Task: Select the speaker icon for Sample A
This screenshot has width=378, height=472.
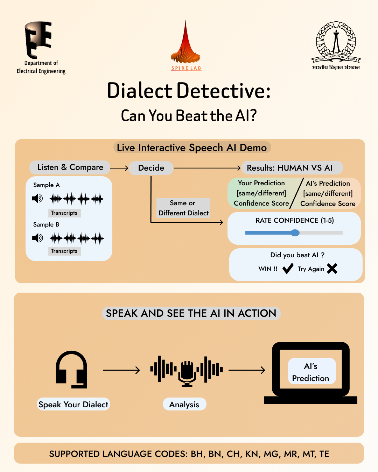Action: (37, 199)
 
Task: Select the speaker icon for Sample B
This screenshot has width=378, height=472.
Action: (37, 238)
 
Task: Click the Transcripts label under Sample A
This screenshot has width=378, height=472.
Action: (64, 213)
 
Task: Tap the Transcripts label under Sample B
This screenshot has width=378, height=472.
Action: (64, 251)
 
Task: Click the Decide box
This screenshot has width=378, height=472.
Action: (151, 168)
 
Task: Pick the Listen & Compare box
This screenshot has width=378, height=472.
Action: (70, 167)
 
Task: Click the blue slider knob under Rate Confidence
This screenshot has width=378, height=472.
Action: (295, 233)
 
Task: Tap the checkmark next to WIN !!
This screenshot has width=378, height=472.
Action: (288, 269)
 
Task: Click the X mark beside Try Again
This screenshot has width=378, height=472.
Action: (332, 269)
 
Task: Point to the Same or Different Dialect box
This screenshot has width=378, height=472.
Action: (183, 208)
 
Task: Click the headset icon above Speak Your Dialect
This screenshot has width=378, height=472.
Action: (71, 370)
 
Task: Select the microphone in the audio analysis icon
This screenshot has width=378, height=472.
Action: (187, 371)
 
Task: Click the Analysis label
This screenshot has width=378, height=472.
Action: (184, 405)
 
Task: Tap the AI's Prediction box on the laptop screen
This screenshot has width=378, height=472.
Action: (311, 372)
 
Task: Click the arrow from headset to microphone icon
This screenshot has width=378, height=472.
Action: (121, 370)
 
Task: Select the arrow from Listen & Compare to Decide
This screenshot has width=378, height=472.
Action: (119, 168)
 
